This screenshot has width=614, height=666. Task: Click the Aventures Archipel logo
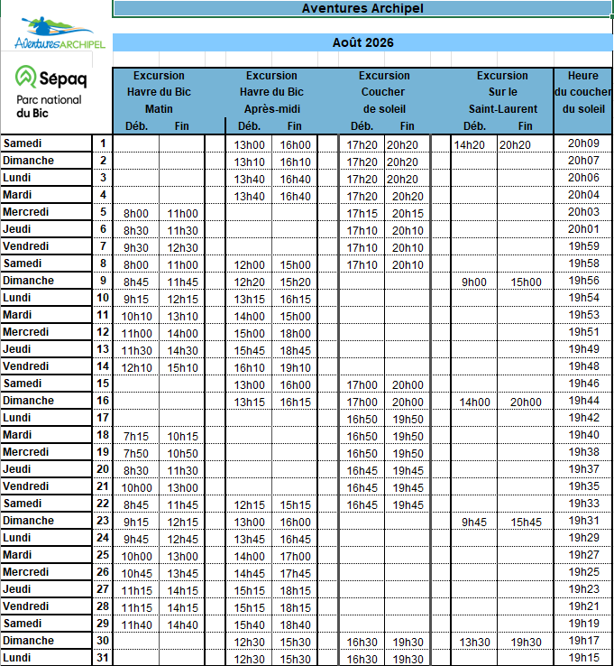[60, 33]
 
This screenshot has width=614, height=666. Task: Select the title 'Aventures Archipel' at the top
[362, 8]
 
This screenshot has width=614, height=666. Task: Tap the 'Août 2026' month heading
[362, 42]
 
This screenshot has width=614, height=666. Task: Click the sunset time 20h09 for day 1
[583, 143]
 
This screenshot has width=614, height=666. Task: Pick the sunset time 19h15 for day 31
[583, 658]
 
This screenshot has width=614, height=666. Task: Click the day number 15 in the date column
[103, 384]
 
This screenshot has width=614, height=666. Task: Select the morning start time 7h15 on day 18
[135, 435]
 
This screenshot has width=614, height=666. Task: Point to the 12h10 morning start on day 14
[136, 366]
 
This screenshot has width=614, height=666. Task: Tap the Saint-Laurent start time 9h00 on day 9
[473, 282]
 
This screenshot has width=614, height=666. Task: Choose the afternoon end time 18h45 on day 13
[295, 350]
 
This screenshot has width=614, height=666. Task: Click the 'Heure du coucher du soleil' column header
[582, 92]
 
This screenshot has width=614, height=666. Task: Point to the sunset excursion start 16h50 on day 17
[362, 419]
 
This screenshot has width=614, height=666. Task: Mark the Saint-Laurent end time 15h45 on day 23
[527, 522]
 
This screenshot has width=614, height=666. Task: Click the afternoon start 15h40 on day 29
[249, 624]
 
